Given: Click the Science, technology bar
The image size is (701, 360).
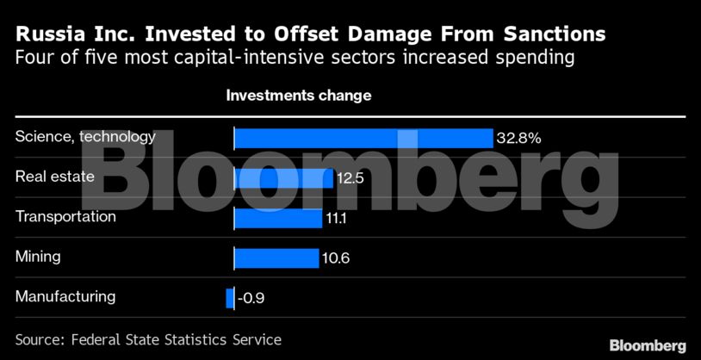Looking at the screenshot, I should pyautogui.click(x=363, y=138).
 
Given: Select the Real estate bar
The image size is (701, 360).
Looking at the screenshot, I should pyautogui.click(x=283, y=178).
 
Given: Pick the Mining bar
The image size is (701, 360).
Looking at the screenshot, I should pyautogui.click(x=276, y=258).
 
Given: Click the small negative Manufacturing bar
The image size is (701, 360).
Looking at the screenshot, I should pyautogui.click(x=230, y=298).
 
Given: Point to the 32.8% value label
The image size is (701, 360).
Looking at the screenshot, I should pyautogui.click(x=518, y=138).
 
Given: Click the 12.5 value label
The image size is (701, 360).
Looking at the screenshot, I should pyautogui.click(x=350, y=178).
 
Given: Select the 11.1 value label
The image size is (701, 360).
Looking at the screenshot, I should pyautogui.click(x=336, y=219).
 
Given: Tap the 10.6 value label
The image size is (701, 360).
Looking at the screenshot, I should pyautogui.click(x=335, y=258).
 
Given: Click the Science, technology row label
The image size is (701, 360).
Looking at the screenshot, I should pyautogui.click(x=85, y=136).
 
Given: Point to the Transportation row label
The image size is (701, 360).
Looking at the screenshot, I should pyautogui.click(x=65, y=216).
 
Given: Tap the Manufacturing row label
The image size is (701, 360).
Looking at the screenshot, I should pyautogui.click(x=65, y=296).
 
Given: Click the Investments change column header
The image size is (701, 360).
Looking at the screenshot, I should pyautogui.click(x=299, y=95).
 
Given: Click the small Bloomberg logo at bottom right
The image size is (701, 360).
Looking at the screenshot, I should pyautogui.click(x=648, y=344).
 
